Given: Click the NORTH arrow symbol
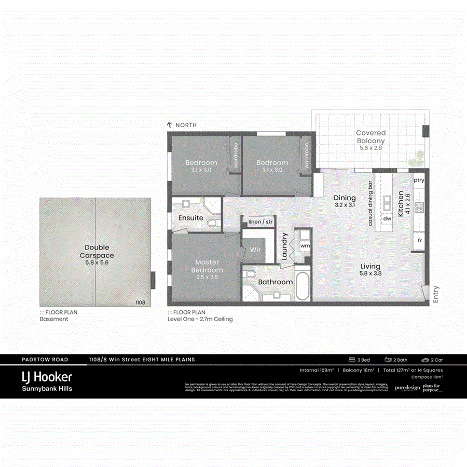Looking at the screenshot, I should [169, 125].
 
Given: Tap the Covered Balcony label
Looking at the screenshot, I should [370, 137].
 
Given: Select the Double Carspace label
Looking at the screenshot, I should [97, 252].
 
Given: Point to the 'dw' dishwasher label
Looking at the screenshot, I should [387, 219].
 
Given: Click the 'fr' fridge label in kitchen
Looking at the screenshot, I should [419, 241].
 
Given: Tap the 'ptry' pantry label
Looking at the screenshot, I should [419, 181].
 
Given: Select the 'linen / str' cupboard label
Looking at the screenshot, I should [260, 222].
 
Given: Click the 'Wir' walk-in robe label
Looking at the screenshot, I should [255, 250].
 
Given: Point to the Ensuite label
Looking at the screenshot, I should [191, 218].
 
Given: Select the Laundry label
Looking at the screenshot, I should [284, 247].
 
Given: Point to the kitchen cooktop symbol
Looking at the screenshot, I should [419, 207].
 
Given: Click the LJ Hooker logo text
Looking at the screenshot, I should [46, 377].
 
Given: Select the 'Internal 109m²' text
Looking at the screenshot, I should [316, 370].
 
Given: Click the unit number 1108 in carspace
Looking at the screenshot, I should [140, 303].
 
